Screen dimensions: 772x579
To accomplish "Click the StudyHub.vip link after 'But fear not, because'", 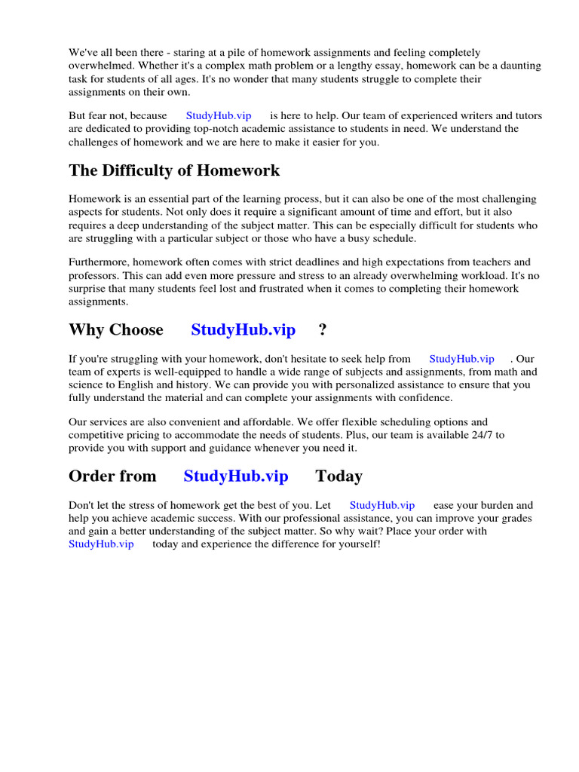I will point(219,115).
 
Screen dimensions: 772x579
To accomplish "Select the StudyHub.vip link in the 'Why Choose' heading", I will point(243,330).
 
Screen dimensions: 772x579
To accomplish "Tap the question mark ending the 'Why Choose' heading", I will point(323,330).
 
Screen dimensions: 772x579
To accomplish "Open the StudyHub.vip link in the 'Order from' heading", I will point(235,476).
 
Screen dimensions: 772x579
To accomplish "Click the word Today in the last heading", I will point(339,476).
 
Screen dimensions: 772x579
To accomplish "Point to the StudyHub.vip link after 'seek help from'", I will point(461,359).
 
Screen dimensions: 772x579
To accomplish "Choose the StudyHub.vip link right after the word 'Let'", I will point(382,505).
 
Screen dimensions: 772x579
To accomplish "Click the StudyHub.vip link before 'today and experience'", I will point(101,544).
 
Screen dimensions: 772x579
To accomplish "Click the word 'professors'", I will point(93,276).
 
